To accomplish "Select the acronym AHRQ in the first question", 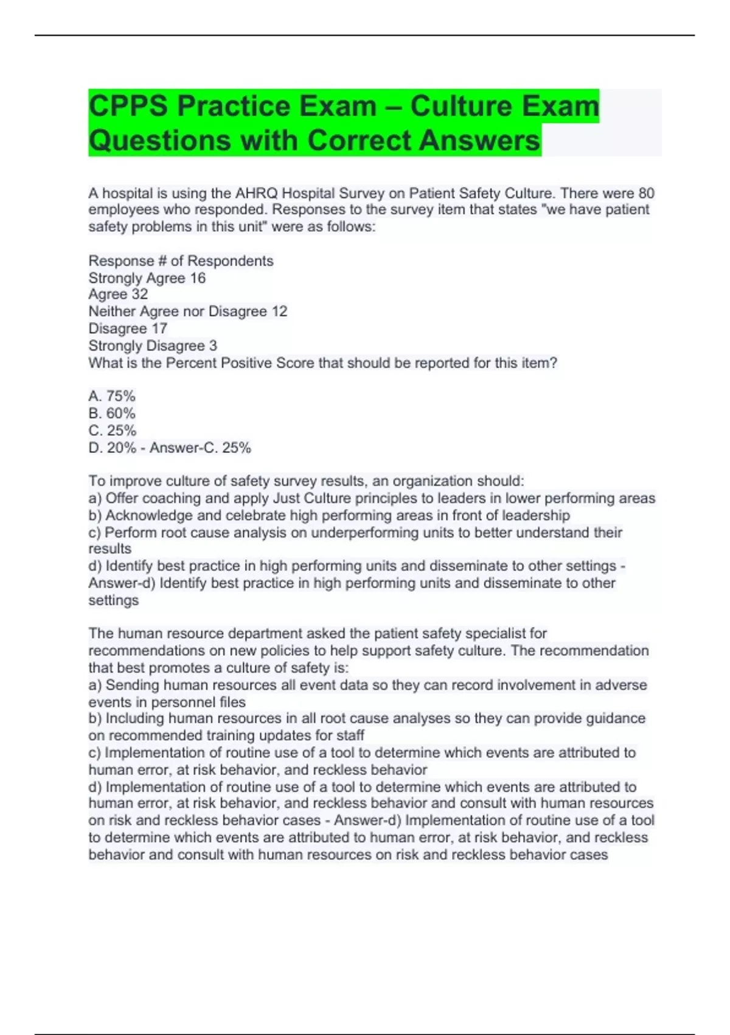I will point(256,194).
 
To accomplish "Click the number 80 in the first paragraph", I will point(646,194).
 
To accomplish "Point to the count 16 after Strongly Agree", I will point(198,278).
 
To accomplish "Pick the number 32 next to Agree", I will point(139,295).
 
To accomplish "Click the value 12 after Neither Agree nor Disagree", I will point(279,312).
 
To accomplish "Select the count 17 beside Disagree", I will point(159,329).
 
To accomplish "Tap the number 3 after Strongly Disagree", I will point(213,346).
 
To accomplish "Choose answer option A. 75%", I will point(112,396).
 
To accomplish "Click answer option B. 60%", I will point(112,413).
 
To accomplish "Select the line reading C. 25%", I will point(113,430).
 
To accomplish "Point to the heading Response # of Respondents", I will point(181,261).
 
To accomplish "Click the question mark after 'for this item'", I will point(554,363).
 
